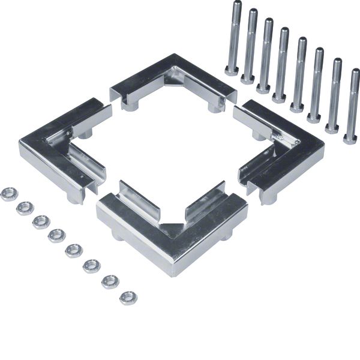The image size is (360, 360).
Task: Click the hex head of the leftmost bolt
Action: tap(232, 70)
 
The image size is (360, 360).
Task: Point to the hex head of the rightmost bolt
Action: tap(350, 139)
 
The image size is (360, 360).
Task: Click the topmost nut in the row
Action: tap(9, 194)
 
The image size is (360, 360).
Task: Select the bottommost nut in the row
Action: tap(128, 297)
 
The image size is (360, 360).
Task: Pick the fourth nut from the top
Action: tap(57, 235)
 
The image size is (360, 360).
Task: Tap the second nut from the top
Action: tap(25, 208)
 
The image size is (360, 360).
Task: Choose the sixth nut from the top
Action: tap(91, 265)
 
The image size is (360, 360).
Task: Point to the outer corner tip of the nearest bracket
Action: tap(173, 273)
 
